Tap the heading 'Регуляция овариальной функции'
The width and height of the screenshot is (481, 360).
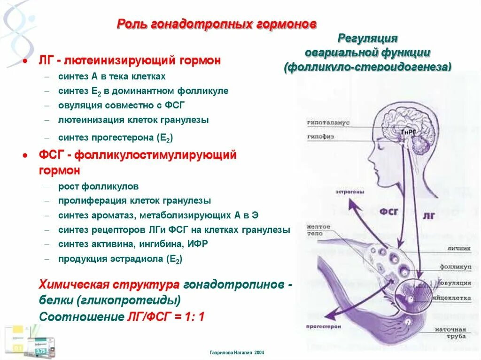pos(368,45)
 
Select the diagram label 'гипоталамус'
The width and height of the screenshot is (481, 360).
pos(328,122)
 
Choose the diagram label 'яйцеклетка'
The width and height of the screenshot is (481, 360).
pos(455,298)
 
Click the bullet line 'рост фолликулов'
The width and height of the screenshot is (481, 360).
pos(98,186)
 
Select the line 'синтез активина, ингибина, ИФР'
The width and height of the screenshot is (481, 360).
pos(133,244)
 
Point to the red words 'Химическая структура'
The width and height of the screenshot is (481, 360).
pos(109,285)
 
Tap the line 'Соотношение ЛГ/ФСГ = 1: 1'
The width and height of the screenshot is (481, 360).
pos(122,316)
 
